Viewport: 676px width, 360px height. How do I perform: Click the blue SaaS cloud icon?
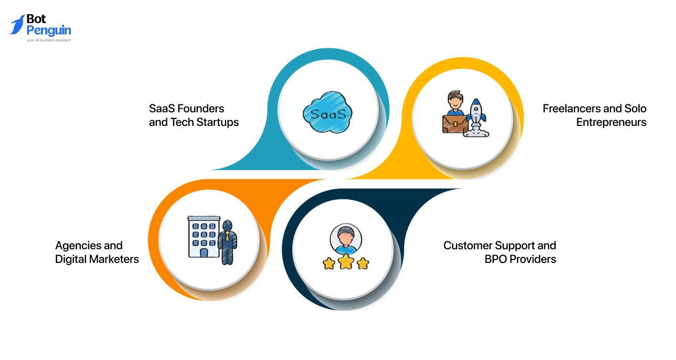tap(328, 112)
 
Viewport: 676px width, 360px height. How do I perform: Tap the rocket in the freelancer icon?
tap(477, 118)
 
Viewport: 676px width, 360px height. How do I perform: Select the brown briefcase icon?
tap(455, 124)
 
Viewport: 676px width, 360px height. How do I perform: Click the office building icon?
tap(204, 237)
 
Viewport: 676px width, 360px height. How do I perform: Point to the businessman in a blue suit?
tap(228, 242)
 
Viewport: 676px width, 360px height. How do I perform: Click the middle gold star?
tap(346, 261)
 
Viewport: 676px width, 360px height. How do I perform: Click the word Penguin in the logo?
tap(49, 30)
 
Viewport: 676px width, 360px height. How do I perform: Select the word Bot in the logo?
tap(36, 19)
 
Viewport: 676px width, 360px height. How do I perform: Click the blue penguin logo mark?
tap(17, 25)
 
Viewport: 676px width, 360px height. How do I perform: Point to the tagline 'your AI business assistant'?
tap(49, 40)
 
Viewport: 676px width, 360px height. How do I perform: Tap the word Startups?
tap(218, 122)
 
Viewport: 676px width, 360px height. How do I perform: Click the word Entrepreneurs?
tap(611, 122)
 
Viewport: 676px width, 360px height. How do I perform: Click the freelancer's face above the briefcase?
tap(455, 101)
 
